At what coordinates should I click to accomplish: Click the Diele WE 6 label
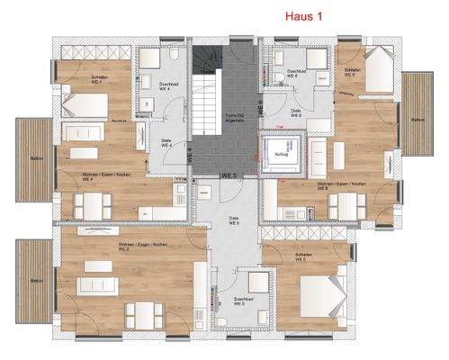[x=295, y=113]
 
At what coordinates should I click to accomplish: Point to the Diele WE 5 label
[x=232, y=220]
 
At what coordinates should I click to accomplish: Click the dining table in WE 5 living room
[x=143, y=313]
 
